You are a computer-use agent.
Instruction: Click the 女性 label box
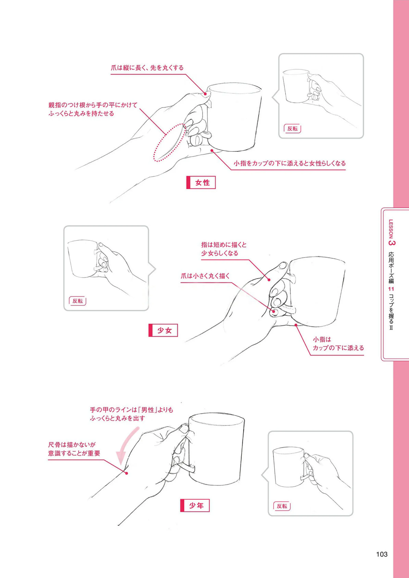click(201, 182)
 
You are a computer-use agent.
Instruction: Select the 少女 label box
click(163, 330)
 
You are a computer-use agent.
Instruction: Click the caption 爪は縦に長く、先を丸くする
click(147, 68)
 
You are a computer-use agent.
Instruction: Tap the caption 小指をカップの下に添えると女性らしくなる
click(290, 163)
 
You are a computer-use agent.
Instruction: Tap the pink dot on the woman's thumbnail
click(205, 94)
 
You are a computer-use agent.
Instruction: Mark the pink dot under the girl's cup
click(296, 325)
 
